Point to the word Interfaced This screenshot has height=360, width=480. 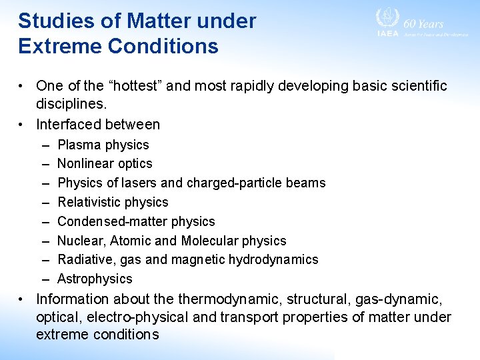coord(69,124)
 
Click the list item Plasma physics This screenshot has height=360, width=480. coord(103,145)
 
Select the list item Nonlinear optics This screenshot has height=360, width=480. coord(105,163)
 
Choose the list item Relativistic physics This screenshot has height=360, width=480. coord(113,202)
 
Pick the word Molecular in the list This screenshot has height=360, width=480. coord(225,241)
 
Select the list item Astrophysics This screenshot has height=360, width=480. coord(95,279)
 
